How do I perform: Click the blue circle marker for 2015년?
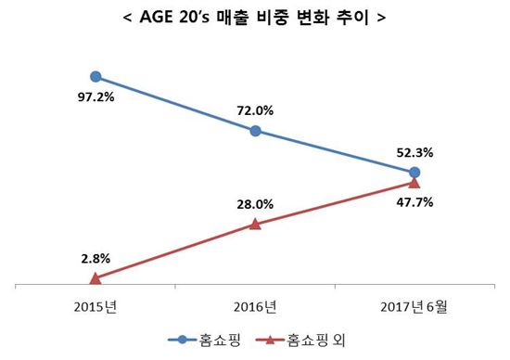click(96, 78)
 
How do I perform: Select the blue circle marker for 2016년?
click(255, 131)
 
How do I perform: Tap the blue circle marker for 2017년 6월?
click(414, 173)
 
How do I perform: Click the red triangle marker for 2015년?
click(96, 277)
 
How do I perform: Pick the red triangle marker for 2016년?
click(255, 224)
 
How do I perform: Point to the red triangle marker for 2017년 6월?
click(414, 184)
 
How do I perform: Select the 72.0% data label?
click(255, 110)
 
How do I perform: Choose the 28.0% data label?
click(255, 203)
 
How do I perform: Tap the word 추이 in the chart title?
click(360, 17)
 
